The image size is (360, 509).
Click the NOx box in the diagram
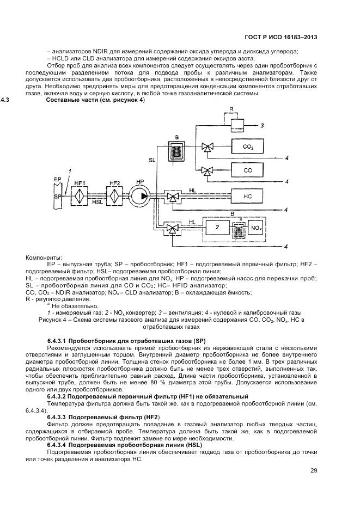tap(255, 227)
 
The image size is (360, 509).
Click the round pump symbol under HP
tap(141, 195)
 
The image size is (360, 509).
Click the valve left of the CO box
tap(207, 170)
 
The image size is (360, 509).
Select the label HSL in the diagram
tap(97, 203)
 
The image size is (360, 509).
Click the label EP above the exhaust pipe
tap(57, 179)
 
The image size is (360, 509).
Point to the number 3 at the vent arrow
tap(262, 126)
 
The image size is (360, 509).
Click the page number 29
tap(314, 470)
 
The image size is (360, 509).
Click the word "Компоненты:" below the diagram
tap(44, 257)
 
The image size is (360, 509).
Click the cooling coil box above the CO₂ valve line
tap(176, 148)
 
